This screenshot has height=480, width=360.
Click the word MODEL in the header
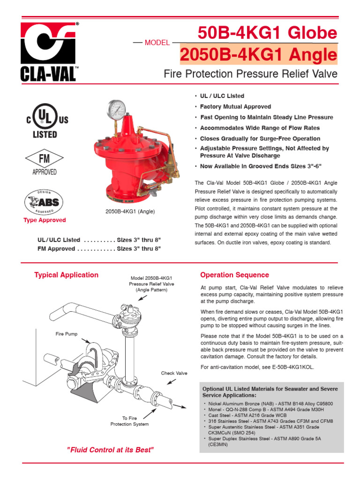(x=157, y=43)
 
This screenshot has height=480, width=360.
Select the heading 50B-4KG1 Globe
(x=267, y=33)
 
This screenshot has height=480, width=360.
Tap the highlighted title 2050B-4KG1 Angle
(x=258, y=55)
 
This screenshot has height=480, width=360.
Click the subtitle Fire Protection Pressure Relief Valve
(x=250, y=74)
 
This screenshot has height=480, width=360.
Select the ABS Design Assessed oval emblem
(x=45, y=202)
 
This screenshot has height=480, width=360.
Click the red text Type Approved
(x=45, y=220)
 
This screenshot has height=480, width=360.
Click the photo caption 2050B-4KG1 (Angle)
(x=130, y=212)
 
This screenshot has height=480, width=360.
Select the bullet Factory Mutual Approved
(x=235, y=107)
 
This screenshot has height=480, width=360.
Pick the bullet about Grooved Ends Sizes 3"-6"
(x=261, y=166)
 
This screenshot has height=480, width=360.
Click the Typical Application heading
(x=66, y=275)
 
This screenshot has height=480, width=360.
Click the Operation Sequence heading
(x=234, y=275)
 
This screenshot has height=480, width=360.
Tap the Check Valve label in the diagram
(x=174, y=373)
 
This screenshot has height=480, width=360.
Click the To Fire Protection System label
(x=129, y=420)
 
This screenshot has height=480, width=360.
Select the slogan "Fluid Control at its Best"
(x=110, y=450)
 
